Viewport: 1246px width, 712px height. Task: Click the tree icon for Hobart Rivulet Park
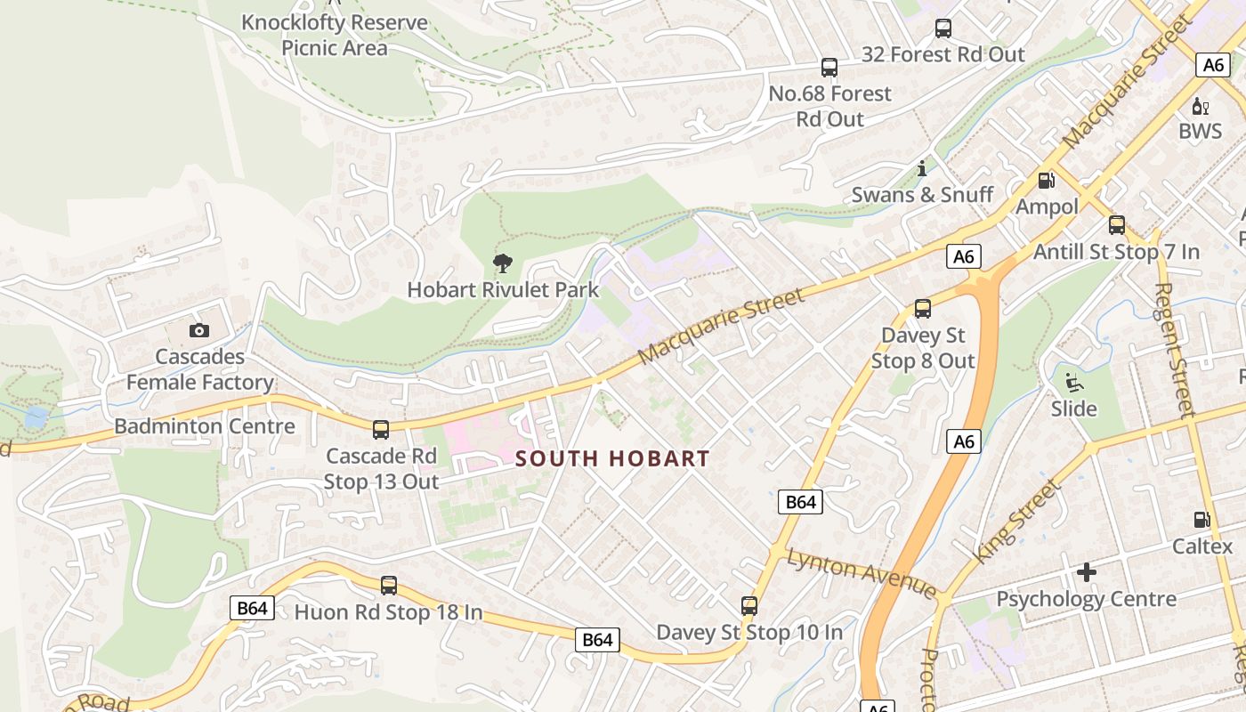(x=503, y=263)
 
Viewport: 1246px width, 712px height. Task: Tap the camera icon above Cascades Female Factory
(x=199, y=331)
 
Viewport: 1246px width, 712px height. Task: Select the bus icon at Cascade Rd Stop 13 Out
(x=381, y=430)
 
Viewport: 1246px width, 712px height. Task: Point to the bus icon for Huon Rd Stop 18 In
(x=389, y=586)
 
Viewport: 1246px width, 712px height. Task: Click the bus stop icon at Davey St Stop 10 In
(x=749, y=606)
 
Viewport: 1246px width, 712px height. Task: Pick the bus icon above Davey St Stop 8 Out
(x=923, y=309)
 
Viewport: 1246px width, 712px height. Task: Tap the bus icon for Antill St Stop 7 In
(x=1117, y=225)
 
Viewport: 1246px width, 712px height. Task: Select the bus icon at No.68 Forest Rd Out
(x=829, y=68)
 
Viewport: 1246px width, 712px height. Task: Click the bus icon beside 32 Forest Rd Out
(x=943, y=28)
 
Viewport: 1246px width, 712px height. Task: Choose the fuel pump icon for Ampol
(x=1047, y=181)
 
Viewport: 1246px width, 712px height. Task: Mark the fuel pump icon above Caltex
(x=1201, y=520)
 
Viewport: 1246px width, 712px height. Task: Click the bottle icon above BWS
(x=1201, y=106)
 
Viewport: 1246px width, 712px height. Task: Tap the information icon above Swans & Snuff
(x=922, y=168)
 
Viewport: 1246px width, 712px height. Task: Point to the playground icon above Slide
(x=1074, y=384)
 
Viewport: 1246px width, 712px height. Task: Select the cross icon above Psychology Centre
(x=1086, y=572)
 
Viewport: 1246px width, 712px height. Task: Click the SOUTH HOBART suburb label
(x=613, y=459)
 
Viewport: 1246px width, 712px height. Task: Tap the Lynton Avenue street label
(x=862, y=574)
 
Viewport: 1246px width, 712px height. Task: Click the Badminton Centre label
(x=205, y=426)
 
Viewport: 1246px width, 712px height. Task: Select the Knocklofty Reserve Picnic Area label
(x=335, y=35)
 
